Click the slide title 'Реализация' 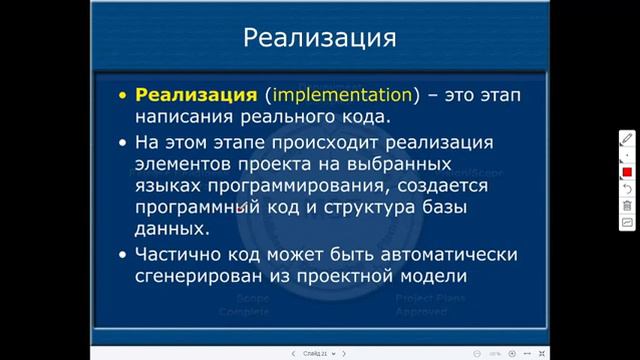click(320, 39)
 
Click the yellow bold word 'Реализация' click(197, 96)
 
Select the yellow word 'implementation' click(342, 96)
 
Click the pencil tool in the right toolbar click(627, 138)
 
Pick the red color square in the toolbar click(627, 172)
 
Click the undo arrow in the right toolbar click(627, 188)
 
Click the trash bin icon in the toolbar click(627, 205)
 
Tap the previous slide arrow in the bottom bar click(292, 353)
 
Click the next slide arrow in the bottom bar click(344, 353)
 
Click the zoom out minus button click(476, 353)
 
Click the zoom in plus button click(512, 353)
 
